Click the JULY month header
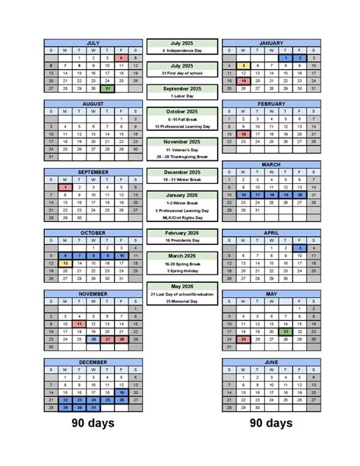point(93,43)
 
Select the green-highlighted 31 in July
point(107,88)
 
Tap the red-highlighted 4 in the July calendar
point(121,58)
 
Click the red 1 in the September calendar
point(65,186)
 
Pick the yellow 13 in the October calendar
point(65,263)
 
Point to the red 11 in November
point(79,323)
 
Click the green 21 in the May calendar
point(286,331)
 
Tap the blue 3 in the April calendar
point(300,248)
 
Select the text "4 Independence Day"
point(182,51)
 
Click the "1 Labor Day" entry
point(182,96)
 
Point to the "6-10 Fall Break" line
point(182,119)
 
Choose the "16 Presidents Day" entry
point(182,240)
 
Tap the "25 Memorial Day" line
point(182,301)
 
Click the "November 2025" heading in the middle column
point(182,141)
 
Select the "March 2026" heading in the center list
point(182,255)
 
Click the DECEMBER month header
point(93,363)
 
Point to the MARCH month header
point(271,164)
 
